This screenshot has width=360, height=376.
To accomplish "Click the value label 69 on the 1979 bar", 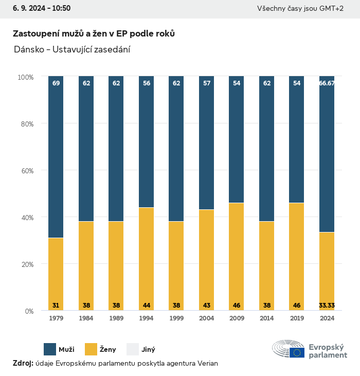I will point(56,83).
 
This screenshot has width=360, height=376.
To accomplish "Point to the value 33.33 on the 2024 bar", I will point(327,306).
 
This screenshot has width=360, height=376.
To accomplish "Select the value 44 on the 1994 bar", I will point(147,306).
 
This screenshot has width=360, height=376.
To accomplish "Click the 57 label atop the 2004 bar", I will point(207,83).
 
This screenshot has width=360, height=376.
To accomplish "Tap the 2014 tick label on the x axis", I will point(266,319).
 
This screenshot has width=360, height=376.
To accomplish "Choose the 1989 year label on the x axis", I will point(116,319).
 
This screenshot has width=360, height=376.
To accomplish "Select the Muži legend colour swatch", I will point(50,349).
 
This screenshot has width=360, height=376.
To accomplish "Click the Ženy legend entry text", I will point(107,350).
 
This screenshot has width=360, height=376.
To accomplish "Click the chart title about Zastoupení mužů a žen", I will point(94,33).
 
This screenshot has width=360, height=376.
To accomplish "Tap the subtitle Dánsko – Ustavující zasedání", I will point(71,49).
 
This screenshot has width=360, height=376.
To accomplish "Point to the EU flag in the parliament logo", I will point(297,352).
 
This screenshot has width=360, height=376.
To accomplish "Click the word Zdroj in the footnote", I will point(23,363).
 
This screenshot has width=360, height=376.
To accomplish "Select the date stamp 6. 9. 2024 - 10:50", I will point(38,8).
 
